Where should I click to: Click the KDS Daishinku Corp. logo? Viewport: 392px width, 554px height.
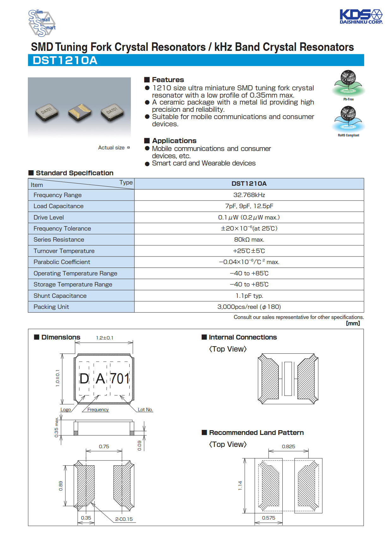pos(361,17)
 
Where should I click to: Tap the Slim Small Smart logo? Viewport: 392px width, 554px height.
pos(42,23)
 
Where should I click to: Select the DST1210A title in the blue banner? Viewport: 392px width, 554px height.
pos(65,60)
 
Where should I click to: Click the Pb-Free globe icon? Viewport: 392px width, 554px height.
pos(348,83)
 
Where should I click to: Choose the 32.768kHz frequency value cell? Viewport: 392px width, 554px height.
pos(249,195)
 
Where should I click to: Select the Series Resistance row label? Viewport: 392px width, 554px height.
pos(59,240)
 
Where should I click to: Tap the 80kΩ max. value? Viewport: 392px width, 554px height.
pos(249,240)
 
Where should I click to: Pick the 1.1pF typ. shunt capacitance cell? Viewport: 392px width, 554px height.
pos(249,296)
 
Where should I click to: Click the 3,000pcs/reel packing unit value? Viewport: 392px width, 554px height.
pos(249,307)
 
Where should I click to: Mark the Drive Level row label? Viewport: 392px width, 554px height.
pos(49,217)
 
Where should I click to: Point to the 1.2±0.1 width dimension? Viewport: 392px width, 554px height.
pos(105,338)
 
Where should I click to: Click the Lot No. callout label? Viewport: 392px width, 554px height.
pos(145,410)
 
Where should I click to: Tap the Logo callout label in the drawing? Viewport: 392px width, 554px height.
pos(65,410)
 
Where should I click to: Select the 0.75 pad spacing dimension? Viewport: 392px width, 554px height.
pos(104,447)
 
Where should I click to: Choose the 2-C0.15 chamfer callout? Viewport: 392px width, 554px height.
pos(124,519)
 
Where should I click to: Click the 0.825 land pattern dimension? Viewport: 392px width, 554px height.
pos(288,447)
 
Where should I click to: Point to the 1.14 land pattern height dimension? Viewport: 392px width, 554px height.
pos(240,485)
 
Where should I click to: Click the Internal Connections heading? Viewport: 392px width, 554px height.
pos(242,337)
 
